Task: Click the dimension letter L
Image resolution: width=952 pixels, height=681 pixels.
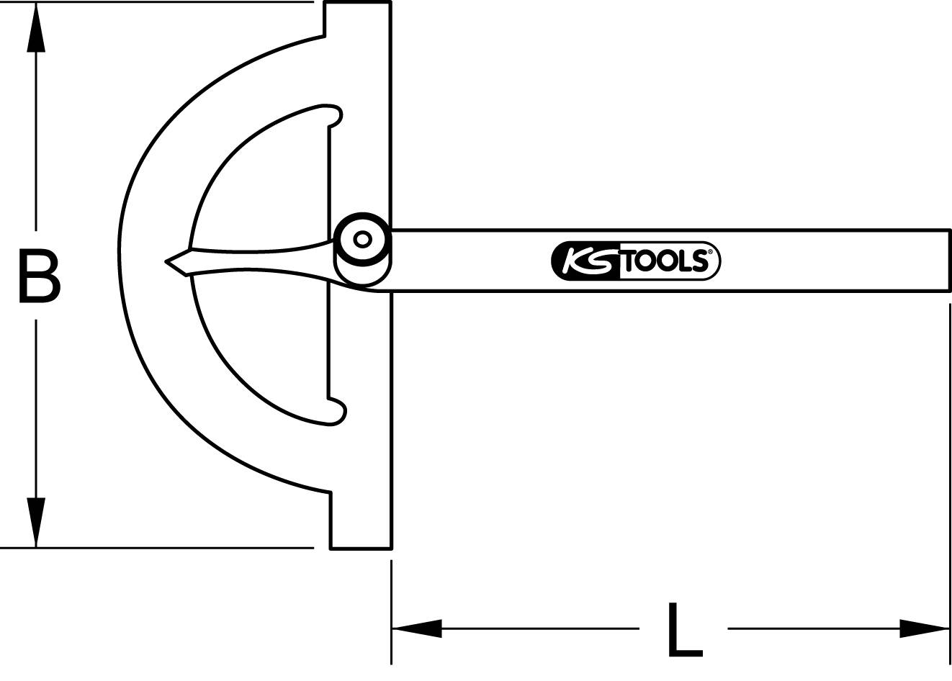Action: tap(684, 630)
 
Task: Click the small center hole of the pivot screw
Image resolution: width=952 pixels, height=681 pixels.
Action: tap(362, 239)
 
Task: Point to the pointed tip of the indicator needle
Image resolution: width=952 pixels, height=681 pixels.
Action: tap(166, 261)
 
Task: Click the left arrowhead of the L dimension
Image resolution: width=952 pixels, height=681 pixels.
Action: tap(416, 628)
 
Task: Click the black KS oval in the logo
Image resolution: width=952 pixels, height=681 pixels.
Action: tap(585, 260)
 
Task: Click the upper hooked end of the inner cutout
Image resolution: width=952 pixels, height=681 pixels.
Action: tap(335, 115)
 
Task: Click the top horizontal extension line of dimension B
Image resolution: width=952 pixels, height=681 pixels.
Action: tap(158, 2)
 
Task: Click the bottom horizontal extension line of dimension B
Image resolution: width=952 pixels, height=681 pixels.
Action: tap(158, 548)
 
